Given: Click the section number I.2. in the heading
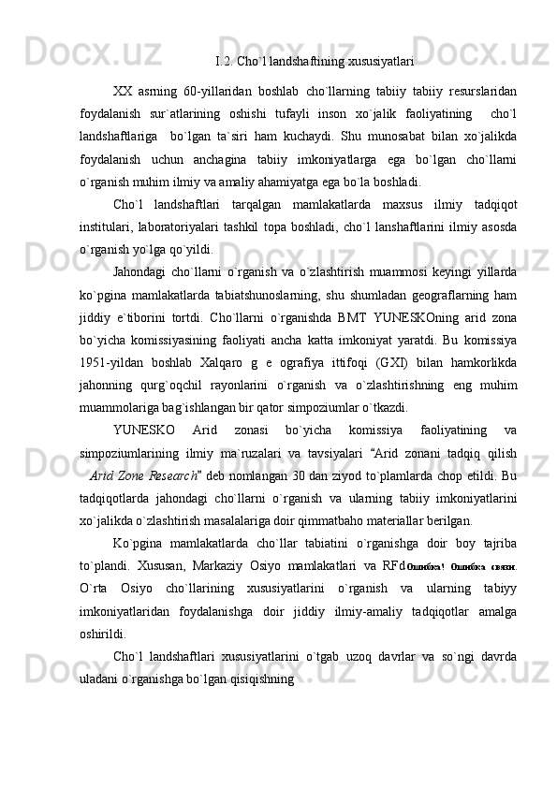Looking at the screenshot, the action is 223,63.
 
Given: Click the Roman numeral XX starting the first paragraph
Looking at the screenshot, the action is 122,91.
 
